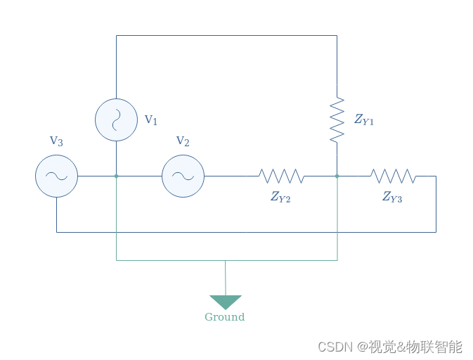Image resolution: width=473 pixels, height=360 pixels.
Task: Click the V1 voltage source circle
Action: (116, 120)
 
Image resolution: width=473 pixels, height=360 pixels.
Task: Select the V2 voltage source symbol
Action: (183, 176)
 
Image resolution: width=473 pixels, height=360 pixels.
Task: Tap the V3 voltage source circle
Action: (56, 176)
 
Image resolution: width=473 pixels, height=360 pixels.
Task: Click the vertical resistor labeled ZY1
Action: (337, 120)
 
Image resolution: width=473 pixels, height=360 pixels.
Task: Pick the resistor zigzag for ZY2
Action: (281, 176)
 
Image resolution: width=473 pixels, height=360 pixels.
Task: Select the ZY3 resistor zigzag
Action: (393, 176)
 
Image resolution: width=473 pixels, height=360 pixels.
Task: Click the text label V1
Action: (151, 120)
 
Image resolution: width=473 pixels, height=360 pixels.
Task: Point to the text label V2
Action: (183, 141)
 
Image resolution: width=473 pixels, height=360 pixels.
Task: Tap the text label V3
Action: (56, 141)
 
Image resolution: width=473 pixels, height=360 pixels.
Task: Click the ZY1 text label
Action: (364, 120)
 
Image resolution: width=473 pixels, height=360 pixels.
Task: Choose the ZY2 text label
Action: (280, 198)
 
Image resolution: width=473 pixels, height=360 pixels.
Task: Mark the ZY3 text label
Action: (392, 198)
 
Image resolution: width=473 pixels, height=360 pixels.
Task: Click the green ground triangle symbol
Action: (225, 302)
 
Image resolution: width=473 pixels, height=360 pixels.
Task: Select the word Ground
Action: (225, 317)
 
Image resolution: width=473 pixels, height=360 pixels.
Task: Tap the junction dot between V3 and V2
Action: (117, 176)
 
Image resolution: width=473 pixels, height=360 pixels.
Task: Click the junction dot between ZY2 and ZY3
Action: (337, 176)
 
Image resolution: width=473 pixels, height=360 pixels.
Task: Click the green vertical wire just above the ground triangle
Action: (225, 278)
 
